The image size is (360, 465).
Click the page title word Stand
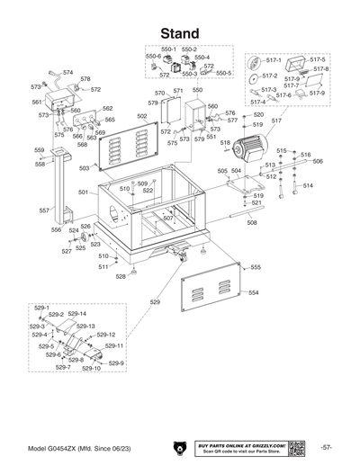(180, 33)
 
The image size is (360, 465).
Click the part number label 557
(43, 210)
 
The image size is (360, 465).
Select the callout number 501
(83, 192)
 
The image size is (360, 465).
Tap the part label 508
(252, 223)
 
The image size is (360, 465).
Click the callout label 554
(254, 293)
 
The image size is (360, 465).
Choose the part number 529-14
(77, 314)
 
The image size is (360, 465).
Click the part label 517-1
(274, 60)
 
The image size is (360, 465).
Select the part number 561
(38, 103)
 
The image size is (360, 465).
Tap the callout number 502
(141, 116)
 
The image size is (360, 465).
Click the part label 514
(308, 185)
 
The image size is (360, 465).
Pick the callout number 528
(121, 277)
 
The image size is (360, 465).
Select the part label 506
(318, 161)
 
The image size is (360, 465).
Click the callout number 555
(256, 267)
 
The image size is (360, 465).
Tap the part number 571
(178, 91)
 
